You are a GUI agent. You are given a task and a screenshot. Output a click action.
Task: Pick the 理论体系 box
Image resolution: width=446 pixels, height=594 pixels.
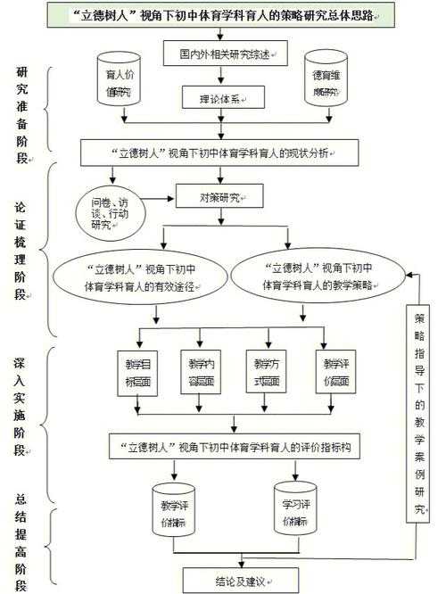click(224, 96)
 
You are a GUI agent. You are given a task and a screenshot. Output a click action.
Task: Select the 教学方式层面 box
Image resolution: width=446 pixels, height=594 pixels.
click(268, 373)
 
